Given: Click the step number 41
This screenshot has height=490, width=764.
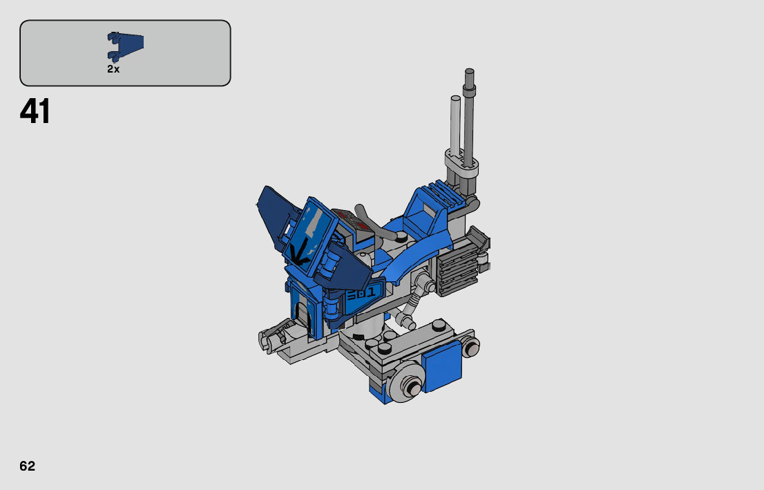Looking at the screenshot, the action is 35,112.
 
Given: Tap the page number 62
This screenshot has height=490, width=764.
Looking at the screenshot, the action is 28,466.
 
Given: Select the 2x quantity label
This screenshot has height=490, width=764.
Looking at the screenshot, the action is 113,69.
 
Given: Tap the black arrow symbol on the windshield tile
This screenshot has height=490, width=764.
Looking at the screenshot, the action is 298,252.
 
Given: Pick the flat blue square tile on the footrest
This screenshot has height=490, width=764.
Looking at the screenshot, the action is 441,366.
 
